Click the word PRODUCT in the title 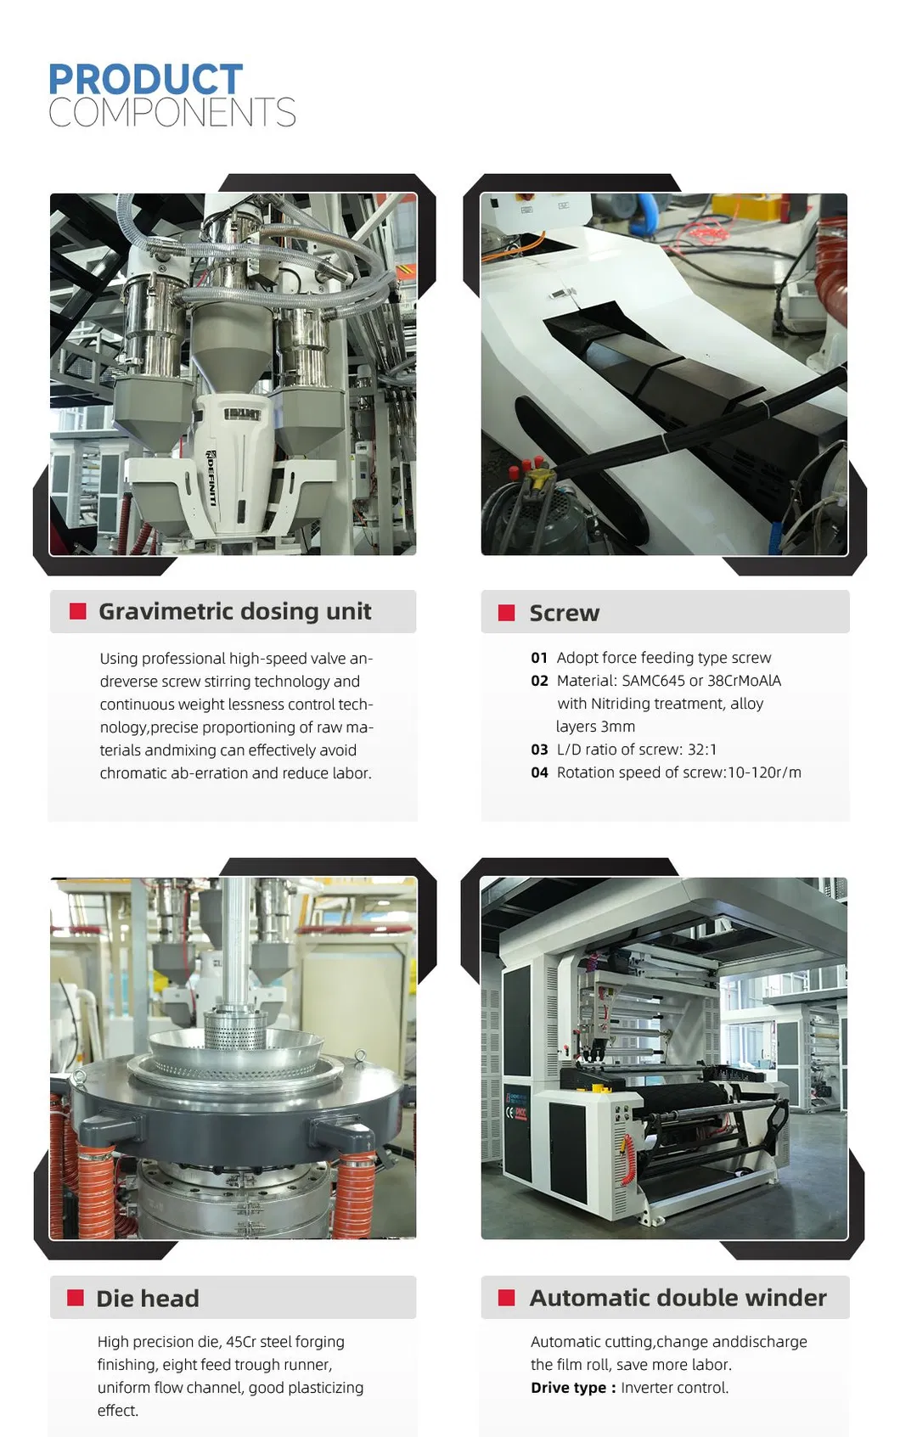(146, 80)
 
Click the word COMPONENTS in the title (172, 112)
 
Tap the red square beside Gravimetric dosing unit (77, 611)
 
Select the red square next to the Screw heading (507, 613)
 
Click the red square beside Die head (75, 1298)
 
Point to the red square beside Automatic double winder (507, 1298)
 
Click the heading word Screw (565, 614)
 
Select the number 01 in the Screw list (539, 658)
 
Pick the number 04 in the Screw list (539, 772)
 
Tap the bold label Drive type (568, 1388)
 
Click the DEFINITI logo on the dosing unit (211, 478)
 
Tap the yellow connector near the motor (534, 477)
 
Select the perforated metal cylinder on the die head (235, 1031)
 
